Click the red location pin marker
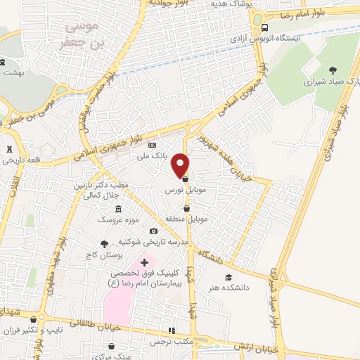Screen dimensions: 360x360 [181, 165]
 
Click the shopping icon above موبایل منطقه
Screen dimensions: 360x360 [186, 208]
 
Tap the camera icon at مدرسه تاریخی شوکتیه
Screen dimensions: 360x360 [153, 231]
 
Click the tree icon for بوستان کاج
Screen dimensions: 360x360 [105, 244]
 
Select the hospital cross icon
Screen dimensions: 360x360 [145, 262]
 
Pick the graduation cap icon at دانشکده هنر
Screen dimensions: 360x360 [228, 277]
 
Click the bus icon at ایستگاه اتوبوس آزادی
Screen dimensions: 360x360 [258, 20]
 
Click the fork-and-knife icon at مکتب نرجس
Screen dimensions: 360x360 [169, 330]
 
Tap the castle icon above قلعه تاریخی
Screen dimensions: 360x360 [9, 149]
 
